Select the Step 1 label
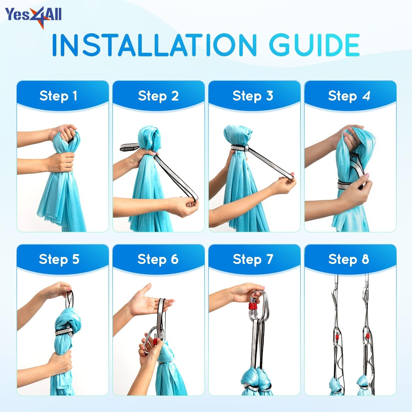click(x=58, y=96)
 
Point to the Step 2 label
click(x=158, y=96)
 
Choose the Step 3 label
click(x=253, y=96)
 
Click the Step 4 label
click(x=349, y=96)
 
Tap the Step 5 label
click(x=59, y=259)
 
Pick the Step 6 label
click(x=158, y=259)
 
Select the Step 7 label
click(x=253, y=259)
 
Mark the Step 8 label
click(x=349, y=259)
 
